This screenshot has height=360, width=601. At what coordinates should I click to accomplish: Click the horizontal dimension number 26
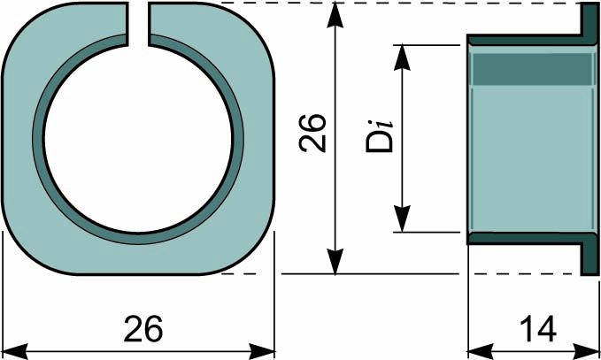tap(143, 328)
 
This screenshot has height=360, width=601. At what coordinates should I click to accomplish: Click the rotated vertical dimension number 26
tap(312, 133)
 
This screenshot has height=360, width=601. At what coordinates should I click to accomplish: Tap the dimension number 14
tap(538, 329)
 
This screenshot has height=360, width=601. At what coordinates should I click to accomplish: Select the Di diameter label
tap(380, 136)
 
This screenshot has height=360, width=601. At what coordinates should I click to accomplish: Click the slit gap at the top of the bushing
tap(138, 24)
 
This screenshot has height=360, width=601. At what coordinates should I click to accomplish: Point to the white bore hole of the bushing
tap(138, 139)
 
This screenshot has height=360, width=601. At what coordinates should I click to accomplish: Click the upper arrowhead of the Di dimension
tap(402, 57)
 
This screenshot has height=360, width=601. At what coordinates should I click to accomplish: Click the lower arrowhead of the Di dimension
tap(402, 218)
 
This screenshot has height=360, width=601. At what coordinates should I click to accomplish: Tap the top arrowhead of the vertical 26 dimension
tap(335, 14)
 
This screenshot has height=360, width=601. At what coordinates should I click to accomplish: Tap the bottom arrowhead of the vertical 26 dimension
tap(335, 262)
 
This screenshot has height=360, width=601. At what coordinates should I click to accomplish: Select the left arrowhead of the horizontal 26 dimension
tap(15, 351)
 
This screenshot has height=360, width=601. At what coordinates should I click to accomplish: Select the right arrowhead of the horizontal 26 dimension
tap(262, 351)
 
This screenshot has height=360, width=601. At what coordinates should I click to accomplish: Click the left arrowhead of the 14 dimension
tap(481, 351)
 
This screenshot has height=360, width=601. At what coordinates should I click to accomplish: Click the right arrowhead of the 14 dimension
tap(587, 351)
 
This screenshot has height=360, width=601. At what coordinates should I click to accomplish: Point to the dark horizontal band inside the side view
tap(532, 69)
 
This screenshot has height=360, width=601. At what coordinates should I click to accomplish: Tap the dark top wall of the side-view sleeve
tap(525, 40)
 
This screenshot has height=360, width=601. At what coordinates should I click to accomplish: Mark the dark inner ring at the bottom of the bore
tap(138, 239)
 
